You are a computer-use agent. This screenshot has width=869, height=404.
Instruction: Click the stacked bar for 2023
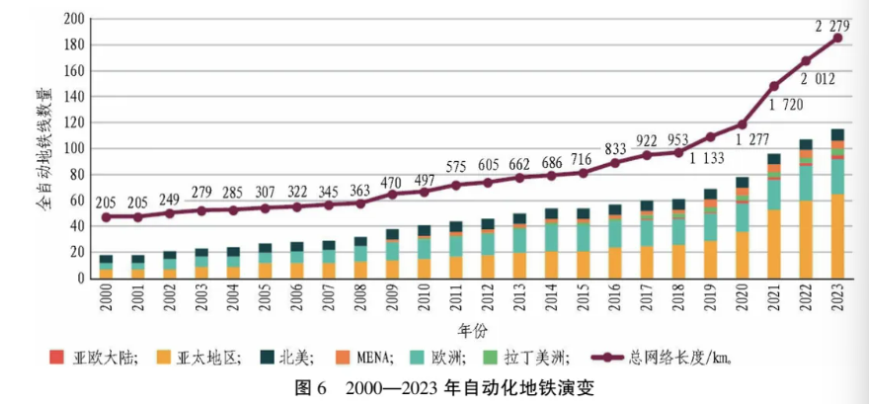(837, 203)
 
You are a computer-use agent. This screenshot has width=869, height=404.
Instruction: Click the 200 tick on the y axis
(73, 20)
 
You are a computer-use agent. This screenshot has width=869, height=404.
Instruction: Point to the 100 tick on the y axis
(73, 149)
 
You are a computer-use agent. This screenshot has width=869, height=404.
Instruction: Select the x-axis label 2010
(424, 302)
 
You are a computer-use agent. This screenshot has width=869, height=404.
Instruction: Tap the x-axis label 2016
(614, 302)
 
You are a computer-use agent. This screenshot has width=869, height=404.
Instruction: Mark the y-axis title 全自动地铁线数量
(44, 148)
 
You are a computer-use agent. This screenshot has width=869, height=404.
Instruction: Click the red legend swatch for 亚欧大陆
(55, 358)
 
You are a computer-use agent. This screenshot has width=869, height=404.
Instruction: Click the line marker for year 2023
(837, 39)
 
